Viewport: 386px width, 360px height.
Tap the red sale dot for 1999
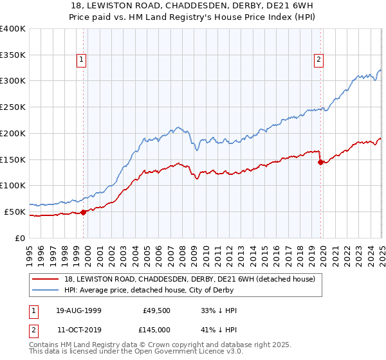(x=83, y=212)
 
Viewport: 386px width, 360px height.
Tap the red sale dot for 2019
(x=320, y=162)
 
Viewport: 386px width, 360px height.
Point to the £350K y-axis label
(x=13, y=55)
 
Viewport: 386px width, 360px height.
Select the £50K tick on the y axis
(x=15, y=212)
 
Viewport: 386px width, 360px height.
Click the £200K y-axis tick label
(x=13, y=133)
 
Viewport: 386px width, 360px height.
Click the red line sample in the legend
(x=46, y=280)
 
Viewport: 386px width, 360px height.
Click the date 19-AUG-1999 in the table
(x=78, y=310)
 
